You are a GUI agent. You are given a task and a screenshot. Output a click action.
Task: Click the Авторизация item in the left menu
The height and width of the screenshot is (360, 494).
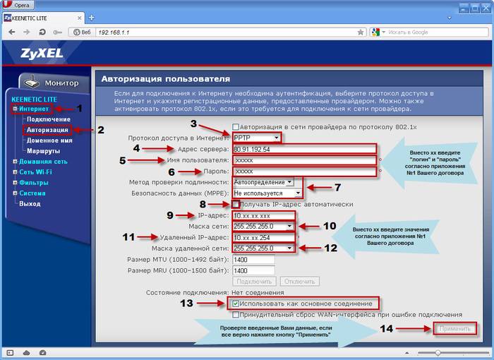pyautogui.click(x=47, y=130)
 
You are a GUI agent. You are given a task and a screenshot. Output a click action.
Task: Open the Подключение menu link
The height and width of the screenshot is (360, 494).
pyautogui.click(x=49, y=119)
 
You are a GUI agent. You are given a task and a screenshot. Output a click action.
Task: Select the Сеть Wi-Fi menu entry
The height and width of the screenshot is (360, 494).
pyautogui.click(x=35, y=172)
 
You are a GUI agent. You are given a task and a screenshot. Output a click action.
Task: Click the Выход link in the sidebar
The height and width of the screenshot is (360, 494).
pyautogui.click(x=30, y=203)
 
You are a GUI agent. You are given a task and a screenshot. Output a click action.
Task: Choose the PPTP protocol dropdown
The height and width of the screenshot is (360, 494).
pyautogui.click(x=256, y=138)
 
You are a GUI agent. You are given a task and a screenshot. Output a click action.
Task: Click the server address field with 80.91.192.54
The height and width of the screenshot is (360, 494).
pyautogui.click(x=304, y=149)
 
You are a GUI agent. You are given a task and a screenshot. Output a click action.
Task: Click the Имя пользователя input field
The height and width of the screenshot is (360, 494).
pyautogui.click(x=304, y=160)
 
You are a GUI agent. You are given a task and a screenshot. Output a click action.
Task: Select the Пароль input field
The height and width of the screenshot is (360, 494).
pyautogui.click(x=304, y=171)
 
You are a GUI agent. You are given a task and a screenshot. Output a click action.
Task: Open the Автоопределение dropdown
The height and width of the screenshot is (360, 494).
pyautogui.click(x=263, y=182)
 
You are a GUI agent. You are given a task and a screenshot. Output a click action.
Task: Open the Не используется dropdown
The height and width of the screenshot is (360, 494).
pyautogui.click(x=267, y=193)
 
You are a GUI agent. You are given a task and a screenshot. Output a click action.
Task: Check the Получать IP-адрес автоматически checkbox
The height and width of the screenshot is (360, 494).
pyautogui.click(x=236, y=204)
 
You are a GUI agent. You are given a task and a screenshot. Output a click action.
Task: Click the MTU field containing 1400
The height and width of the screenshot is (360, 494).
pyautogui.click(x=253, y=260)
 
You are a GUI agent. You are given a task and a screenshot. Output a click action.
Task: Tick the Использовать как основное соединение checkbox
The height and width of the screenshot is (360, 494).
pyautogui.click(x=236, y=304)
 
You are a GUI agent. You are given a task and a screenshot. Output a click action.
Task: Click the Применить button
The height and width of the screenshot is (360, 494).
pyautogui.click(x=454, y=329)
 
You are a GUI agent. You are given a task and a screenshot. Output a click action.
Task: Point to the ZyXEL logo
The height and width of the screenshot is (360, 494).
pyautogui.click(x=42, y=53)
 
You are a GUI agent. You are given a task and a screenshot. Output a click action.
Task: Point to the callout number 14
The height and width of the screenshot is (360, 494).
pyautogui.click(x=386, y=329)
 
